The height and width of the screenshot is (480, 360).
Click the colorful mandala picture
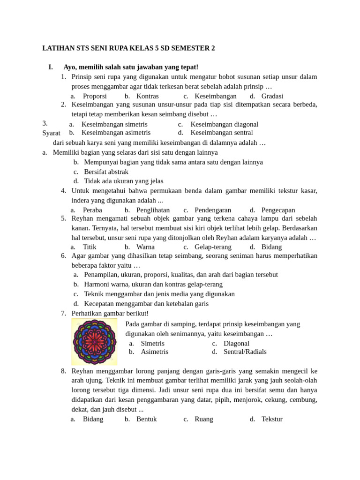[94, 342]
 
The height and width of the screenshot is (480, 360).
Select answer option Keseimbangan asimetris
[116, 133]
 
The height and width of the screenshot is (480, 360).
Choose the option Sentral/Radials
[245, 352]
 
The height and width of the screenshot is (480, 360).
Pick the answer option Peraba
[92, 210]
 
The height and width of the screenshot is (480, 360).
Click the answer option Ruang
[204, 419]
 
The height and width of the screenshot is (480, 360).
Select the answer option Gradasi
[272, 96]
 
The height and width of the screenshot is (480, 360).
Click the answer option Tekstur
[272, 419]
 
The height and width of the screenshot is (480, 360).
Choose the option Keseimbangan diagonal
[224, 124]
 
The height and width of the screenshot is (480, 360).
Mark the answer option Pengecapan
[278, 210]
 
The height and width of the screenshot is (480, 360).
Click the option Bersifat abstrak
[106, 172]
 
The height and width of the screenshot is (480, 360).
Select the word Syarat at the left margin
[51, 133]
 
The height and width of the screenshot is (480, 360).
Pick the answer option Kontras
[147, 96]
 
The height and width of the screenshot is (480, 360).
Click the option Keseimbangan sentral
[221, 133]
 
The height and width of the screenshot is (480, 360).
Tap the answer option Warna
[145, 247]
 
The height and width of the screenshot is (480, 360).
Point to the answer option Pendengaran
[213, 210]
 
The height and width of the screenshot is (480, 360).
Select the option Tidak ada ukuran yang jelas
[124, 181]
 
